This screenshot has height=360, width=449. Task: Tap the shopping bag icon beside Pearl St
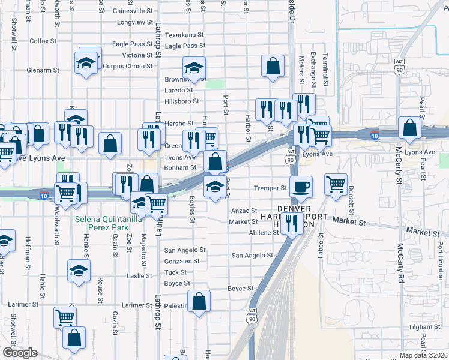409,128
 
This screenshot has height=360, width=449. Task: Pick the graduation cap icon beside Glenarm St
86,62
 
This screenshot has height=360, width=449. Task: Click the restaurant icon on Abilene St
291,224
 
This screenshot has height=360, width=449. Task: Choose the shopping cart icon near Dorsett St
336,184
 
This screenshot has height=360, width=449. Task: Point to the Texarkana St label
185,35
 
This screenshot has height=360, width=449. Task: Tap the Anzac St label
244,211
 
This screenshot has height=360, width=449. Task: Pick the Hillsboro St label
182,101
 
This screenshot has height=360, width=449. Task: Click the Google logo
20,353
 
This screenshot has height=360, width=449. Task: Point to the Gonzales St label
182,262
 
